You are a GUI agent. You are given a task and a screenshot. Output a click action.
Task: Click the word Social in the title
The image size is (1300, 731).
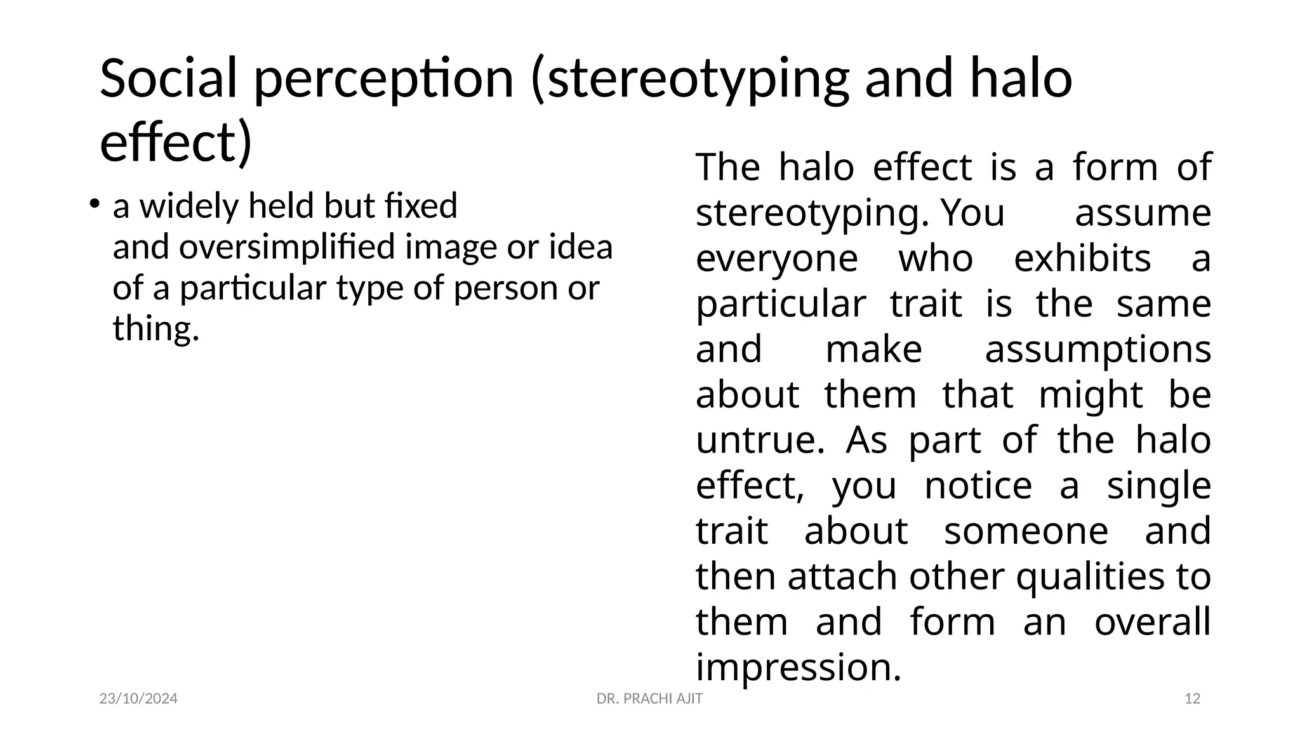point(168,78)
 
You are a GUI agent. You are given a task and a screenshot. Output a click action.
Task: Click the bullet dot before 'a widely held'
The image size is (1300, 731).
point(93,204)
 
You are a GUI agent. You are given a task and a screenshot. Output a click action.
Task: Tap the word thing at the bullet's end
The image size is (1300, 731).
point(156,329)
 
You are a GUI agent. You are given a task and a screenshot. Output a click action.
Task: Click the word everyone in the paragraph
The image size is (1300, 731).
point(776,259)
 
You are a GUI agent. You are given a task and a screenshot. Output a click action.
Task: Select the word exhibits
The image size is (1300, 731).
point(1082,259)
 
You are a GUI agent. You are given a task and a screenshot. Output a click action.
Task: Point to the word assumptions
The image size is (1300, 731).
point(1098,350)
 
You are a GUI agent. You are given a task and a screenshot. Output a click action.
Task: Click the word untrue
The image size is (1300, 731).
point(759,440)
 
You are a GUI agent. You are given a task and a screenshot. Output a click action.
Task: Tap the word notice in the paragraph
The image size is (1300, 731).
point(978,486)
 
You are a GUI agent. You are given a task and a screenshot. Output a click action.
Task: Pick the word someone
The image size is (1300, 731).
point(1026,531)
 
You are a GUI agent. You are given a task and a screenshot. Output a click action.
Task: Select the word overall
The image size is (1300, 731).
point(1152,622)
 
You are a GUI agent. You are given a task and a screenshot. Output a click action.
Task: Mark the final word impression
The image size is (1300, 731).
point(798,668)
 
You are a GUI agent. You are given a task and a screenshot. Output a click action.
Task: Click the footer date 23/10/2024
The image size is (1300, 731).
point(138,699)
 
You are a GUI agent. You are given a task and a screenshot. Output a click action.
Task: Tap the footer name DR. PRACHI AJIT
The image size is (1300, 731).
point(649,699)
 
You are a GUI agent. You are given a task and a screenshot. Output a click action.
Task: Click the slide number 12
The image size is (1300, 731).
point(1193,699)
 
